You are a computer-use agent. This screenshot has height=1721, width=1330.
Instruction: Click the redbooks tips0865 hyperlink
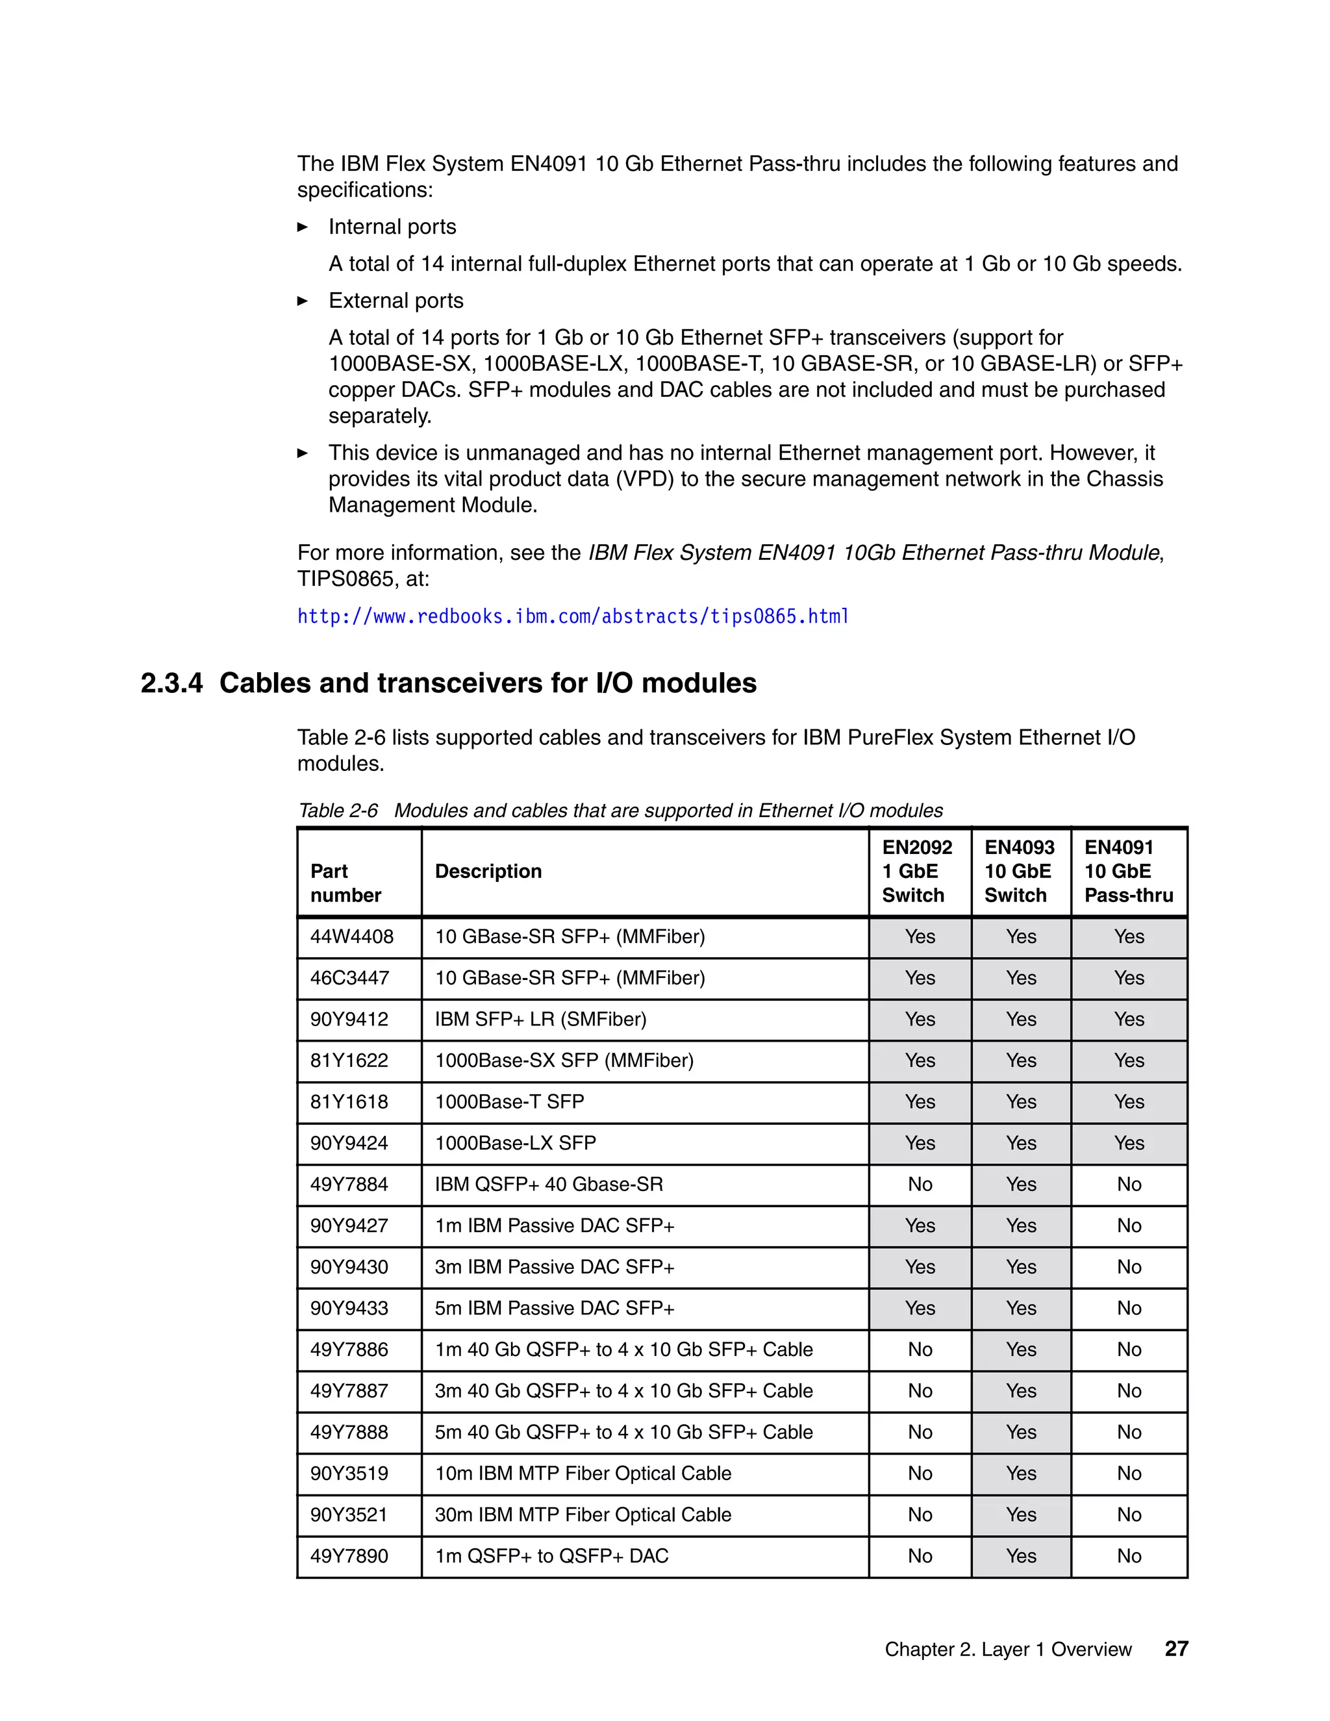pyautogui.click(x=573, y=616)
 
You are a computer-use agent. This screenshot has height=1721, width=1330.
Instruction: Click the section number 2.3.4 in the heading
pyautogui.click(x=171, y=683)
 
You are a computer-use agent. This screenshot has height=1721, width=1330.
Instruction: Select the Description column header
pyautogui.click(x=488, y=871)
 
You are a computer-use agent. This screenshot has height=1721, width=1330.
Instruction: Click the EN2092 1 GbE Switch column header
pyautogui.click(x=916, y=871)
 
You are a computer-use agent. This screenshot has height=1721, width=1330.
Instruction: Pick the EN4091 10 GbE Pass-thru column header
pyautogui.click(x=1127, y=871)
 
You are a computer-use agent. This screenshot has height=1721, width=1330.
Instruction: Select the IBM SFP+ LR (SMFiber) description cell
pyautogui.click(x=540, y=1019)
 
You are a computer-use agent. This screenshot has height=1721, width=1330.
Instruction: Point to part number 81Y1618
pyautogui.click(x=349, y=1101)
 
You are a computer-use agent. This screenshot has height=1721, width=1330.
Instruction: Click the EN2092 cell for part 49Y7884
pyautogui.click(x=920, y=1185)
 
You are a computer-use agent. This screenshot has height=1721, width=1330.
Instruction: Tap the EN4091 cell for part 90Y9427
pyautogui.click(x=1128, y=1225)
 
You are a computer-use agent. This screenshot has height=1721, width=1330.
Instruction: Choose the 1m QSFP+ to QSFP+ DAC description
pyautogui.click(x=551, y=1555)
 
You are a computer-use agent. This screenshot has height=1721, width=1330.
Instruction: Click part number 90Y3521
pyautogui.click(x=349, y=1514)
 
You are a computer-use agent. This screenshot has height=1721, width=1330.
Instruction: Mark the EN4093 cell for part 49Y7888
pyautogui.click(x=1020, y=1432)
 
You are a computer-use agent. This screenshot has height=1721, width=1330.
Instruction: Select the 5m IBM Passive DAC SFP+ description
pyautogui.click(x=555, y=1308)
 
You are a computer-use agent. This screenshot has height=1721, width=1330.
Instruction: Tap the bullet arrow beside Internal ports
pyautogui.click(x=303, y=227)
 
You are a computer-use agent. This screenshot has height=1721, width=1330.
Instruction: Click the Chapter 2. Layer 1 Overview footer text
pyautogui.click(x=1008, y=1650)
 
